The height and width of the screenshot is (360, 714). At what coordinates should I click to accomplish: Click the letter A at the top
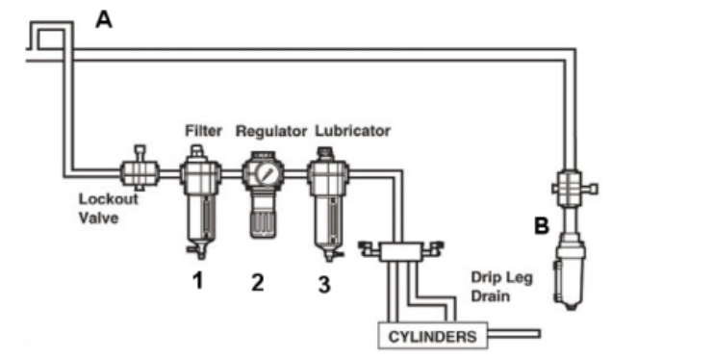pos(104,20)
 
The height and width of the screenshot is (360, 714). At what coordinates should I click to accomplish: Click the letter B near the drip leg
pos(542,225)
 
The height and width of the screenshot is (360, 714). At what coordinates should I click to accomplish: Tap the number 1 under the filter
pos(197,279)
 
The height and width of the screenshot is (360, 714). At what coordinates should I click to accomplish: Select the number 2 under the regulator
pos(257,282)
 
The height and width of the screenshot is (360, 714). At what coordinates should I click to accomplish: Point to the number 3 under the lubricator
pos(323,284)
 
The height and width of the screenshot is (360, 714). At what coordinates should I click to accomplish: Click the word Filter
pos(203,131)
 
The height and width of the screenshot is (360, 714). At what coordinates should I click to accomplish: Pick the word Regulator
pos(271,131)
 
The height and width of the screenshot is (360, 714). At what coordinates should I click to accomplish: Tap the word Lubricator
pos(353,131)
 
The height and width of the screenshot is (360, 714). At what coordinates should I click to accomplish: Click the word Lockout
pos(109,199)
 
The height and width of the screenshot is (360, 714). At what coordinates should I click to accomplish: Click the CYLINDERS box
pos(433,336)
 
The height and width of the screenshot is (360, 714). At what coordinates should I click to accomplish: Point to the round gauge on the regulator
pos(266,173)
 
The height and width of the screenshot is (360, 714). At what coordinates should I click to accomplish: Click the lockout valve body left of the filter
pos(140,171)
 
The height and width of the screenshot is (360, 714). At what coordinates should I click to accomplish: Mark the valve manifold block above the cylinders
pos(401,251)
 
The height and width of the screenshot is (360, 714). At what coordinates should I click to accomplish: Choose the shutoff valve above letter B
pos(573,188)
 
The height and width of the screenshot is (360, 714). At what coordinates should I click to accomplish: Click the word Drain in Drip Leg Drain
pos(490,296)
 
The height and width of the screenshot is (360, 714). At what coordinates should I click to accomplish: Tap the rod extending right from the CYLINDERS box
pos(514,334)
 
